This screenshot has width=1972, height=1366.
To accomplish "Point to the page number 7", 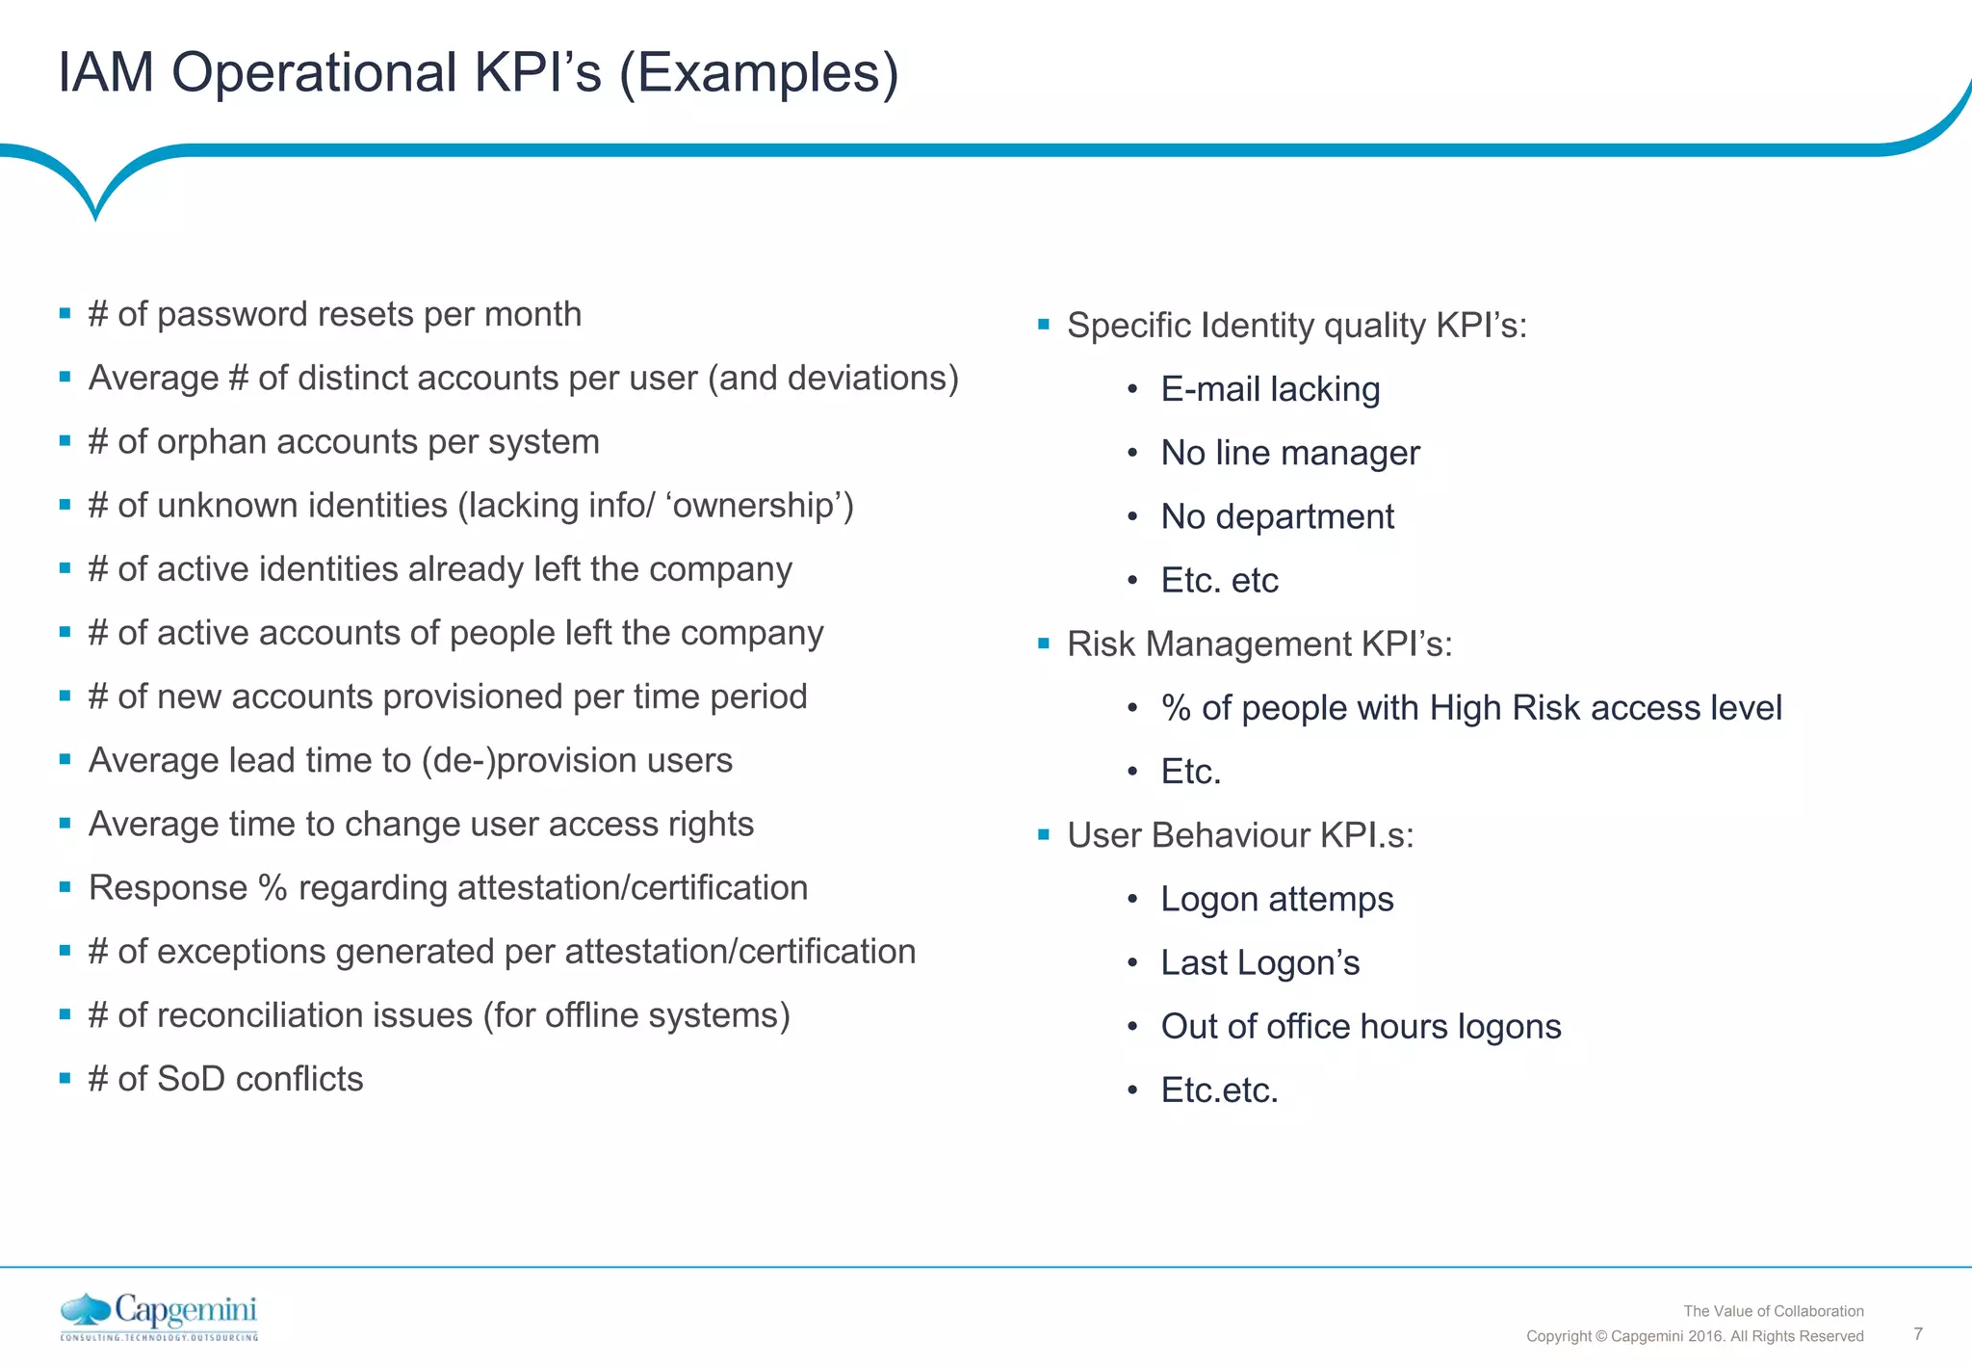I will [x=1918, y=1334].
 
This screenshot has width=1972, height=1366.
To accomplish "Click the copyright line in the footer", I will [x=1694, y=1336].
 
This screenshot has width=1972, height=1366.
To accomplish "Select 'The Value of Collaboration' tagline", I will [x=1773, y=1311].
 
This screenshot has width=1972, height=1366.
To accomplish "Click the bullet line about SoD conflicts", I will [x=225, y=1079].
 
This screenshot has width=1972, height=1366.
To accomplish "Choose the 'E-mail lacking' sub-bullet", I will [x=1270, y=389].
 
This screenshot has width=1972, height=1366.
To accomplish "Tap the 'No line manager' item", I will [x=1289, y=453].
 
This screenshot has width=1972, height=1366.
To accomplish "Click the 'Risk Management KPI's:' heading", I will [x=1258, y=644].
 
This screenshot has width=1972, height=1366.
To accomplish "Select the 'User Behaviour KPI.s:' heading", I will [x=1240, y=835].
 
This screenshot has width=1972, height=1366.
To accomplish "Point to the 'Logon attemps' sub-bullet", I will [x=1277, y=899].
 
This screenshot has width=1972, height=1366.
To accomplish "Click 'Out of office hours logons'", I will [x=1361, y=1026].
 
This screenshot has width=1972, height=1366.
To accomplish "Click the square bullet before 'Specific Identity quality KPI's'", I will [x=1043, y=325].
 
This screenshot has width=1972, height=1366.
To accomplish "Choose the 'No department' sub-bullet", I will [x=1277, y=516].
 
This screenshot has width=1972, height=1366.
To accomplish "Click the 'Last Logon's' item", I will [x=1259, y=962].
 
